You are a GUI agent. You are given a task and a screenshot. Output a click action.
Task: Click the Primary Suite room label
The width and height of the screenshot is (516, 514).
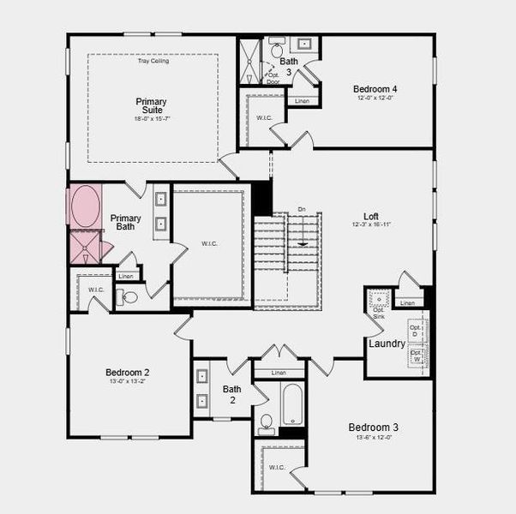151,107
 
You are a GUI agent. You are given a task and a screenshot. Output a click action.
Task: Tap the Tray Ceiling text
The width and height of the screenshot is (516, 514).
153,61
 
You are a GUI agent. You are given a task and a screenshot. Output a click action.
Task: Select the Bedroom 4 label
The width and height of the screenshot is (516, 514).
375,88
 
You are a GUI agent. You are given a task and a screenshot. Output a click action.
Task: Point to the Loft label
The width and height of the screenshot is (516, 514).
370,217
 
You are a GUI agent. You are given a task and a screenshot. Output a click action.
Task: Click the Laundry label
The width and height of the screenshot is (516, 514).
387,344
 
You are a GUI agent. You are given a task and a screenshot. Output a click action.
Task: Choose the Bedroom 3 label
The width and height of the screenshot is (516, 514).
373,427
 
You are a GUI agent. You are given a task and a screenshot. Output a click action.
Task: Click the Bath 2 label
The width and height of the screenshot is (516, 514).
232,394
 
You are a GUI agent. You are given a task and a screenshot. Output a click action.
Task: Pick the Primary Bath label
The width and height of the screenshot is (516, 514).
126,222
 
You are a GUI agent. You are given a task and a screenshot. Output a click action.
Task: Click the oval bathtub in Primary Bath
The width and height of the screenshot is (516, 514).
84,206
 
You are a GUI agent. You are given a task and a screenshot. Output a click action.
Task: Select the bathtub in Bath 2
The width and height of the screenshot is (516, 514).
291,404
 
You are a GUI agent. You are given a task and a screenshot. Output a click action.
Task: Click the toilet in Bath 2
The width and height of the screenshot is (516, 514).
267,422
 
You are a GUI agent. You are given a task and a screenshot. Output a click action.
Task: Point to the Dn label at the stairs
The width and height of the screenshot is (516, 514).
301,209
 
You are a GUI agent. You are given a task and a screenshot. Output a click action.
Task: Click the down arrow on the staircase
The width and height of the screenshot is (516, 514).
302,244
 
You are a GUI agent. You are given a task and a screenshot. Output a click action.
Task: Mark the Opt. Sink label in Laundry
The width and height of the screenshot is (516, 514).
378,313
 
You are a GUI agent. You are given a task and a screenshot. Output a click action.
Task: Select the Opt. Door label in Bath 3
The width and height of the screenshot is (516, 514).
273,78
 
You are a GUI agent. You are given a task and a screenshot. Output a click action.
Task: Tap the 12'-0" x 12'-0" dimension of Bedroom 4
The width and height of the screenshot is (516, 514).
375,98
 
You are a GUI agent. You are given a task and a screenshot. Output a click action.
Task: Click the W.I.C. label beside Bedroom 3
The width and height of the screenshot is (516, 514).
276,467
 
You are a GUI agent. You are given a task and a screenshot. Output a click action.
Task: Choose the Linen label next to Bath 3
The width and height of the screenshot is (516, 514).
302,102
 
